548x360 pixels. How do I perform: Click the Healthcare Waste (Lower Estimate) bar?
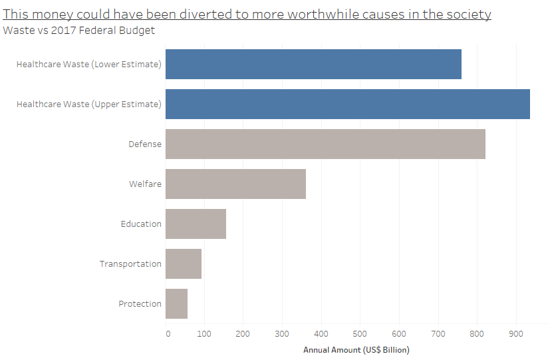coord(313,64)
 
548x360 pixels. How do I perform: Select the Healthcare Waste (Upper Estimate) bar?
coord(347,104)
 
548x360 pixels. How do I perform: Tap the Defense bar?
coord(325,144)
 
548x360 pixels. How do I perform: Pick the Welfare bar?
coord(235,184)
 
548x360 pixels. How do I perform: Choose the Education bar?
coord(196,224)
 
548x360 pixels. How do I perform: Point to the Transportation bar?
coord(183,264)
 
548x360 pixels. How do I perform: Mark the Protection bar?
coord(176,303)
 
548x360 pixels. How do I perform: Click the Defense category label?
coord(145,144)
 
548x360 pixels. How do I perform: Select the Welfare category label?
coord(145,184)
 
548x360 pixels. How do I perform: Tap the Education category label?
coord(141,224)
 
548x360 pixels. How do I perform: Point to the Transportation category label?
coord(130,264)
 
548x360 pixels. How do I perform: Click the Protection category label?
coord(140,303)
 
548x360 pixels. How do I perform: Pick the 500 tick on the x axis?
coord(360,333)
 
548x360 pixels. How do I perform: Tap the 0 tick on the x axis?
coord(167,333)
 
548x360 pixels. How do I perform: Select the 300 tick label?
coord(282,333)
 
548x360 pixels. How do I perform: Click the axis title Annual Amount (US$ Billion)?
coord(356,349)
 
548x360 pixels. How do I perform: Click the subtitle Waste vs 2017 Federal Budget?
coord(79,30)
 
